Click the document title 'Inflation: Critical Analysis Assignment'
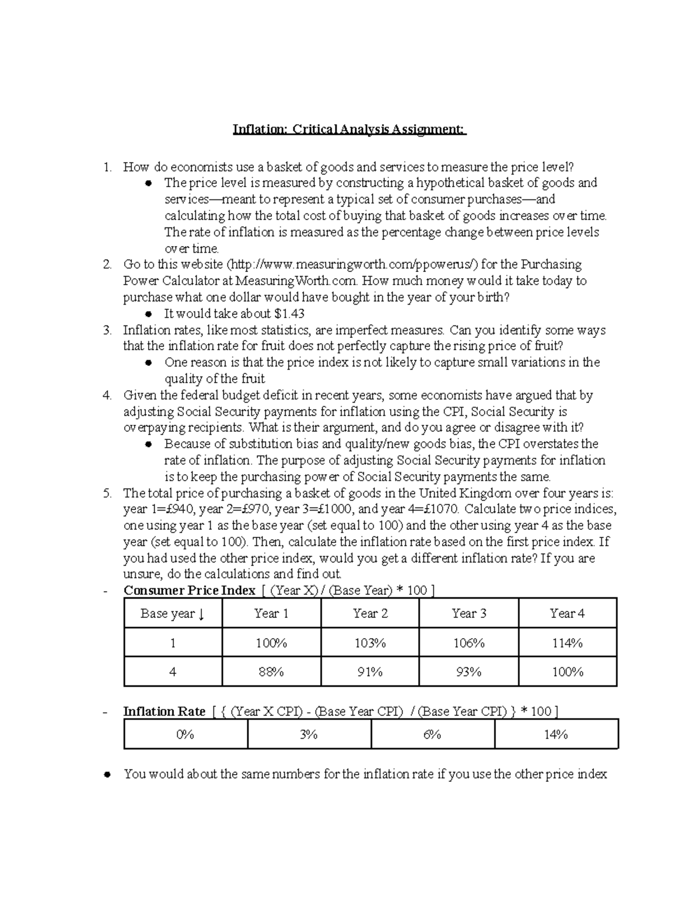click(349, 129)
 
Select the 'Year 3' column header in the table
click(468, 613)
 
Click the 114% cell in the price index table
click(567, 643)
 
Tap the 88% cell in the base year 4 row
click(271, 672)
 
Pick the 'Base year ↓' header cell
click(173, 614)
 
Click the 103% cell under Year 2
click(370, 643)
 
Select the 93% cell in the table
click(468, 672)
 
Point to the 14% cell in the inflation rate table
click(556, 734)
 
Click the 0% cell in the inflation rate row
click(185, 734)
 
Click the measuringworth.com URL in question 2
click(355, 265)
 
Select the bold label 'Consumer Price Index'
click(190, 590)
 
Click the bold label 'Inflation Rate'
click(164, 712)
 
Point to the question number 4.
click(107, 396)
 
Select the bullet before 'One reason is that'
click(149, 363)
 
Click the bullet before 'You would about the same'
click(107, 775)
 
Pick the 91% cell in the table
click(370, 672)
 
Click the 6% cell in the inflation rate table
click(432, 734)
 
